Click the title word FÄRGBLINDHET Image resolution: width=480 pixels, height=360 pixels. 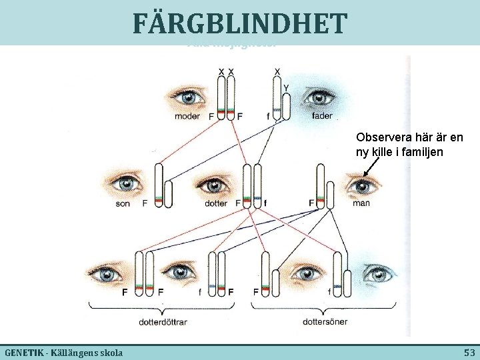(239, 24)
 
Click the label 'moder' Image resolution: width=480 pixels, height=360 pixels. (187, 116)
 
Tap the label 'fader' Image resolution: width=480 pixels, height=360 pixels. (322, 116)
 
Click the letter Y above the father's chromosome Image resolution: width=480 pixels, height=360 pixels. (286, 87)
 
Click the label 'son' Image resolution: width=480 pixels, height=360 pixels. (123, 203)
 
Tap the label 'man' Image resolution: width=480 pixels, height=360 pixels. (361, 203)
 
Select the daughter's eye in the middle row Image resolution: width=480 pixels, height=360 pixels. (214, 185)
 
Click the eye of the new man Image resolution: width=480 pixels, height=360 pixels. (362, 185)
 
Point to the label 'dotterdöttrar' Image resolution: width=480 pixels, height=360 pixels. (163, 321)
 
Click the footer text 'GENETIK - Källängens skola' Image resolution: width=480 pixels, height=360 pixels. (59, 351)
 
